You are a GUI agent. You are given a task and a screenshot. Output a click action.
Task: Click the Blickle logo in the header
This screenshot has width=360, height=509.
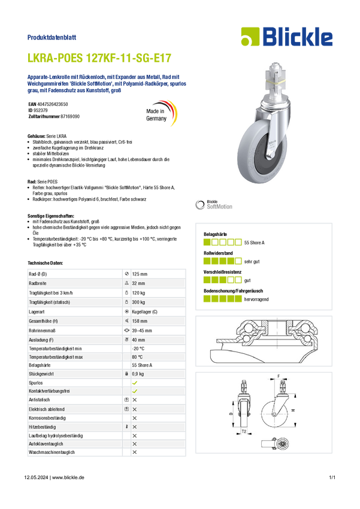(x=287, y=37)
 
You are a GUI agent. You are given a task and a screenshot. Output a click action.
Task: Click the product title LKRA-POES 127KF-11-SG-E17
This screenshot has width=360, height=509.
(x=99, y=57)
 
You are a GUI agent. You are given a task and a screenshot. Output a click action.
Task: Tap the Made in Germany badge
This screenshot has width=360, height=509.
(x=161, y=114)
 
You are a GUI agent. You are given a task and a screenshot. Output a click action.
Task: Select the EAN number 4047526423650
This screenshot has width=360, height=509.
(x=53, y=104)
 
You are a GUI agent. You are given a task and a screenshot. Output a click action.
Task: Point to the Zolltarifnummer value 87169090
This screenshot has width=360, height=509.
(x=70, y=116)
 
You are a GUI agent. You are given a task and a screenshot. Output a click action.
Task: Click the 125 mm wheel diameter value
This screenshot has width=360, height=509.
(x=140, y=274)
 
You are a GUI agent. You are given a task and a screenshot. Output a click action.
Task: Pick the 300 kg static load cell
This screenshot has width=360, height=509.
(x=138, y=302)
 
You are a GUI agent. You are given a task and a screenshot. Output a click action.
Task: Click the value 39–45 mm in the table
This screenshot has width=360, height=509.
(x=142, y=331)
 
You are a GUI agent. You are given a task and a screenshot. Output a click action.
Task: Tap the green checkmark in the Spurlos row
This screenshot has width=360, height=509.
(x=135, y=383)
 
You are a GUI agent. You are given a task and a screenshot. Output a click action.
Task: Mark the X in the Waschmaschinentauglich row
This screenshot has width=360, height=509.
(x=135, y=452)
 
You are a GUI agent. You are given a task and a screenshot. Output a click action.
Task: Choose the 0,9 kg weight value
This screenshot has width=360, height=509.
(x=138, y=374)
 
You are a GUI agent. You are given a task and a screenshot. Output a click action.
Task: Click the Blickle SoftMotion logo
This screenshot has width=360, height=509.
(x=214, y=205)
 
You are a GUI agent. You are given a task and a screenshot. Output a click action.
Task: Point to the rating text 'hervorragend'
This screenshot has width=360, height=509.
(x=256, y=299)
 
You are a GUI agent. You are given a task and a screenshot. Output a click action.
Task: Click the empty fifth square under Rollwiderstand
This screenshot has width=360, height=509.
(x=238, y=261)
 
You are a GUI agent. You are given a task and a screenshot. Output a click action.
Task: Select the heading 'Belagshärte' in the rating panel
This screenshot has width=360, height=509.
(x=215, y=234)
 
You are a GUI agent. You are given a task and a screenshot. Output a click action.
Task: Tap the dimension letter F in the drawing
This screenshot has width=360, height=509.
(x=279, y=376)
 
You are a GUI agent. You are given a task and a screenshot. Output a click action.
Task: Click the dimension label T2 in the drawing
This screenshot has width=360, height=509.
(x=244, y=431)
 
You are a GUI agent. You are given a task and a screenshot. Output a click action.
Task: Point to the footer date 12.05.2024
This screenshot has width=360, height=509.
(x=36, y=477)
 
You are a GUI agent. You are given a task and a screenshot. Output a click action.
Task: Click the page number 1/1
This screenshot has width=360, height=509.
(x=332, y=477)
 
